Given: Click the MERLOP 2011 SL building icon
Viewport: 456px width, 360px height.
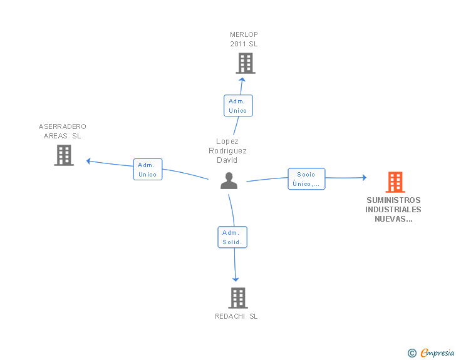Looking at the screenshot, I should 246,63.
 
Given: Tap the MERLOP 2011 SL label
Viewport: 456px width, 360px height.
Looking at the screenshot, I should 244,39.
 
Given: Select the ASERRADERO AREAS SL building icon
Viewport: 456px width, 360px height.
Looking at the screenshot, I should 64,155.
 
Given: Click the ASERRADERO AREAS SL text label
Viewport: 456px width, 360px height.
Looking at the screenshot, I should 63,131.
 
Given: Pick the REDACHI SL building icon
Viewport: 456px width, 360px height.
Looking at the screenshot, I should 238,298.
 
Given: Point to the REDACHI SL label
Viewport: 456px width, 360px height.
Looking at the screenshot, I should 236,316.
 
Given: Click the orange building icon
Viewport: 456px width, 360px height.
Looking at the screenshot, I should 395,182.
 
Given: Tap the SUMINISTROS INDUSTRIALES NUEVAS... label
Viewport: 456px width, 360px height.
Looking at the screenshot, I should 393,210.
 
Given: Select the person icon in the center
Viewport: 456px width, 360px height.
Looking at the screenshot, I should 229,181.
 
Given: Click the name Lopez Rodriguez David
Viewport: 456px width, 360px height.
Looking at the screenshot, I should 227,150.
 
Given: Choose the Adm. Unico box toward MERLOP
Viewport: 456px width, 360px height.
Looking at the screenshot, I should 238,106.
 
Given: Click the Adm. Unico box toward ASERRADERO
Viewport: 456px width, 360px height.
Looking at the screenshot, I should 148,170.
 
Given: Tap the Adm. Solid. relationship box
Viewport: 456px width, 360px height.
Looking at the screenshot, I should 232,237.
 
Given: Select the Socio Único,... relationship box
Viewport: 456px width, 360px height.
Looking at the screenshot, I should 306,179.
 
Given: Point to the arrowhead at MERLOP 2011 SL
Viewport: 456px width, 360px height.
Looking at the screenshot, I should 241,79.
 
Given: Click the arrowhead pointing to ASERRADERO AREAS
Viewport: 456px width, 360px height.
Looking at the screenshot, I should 89,161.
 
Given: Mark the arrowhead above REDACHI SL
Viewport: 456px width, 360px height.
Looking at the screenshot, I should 236,279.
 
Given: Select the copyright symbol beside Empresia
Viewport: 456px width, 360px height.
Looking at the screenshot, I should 412,353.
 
